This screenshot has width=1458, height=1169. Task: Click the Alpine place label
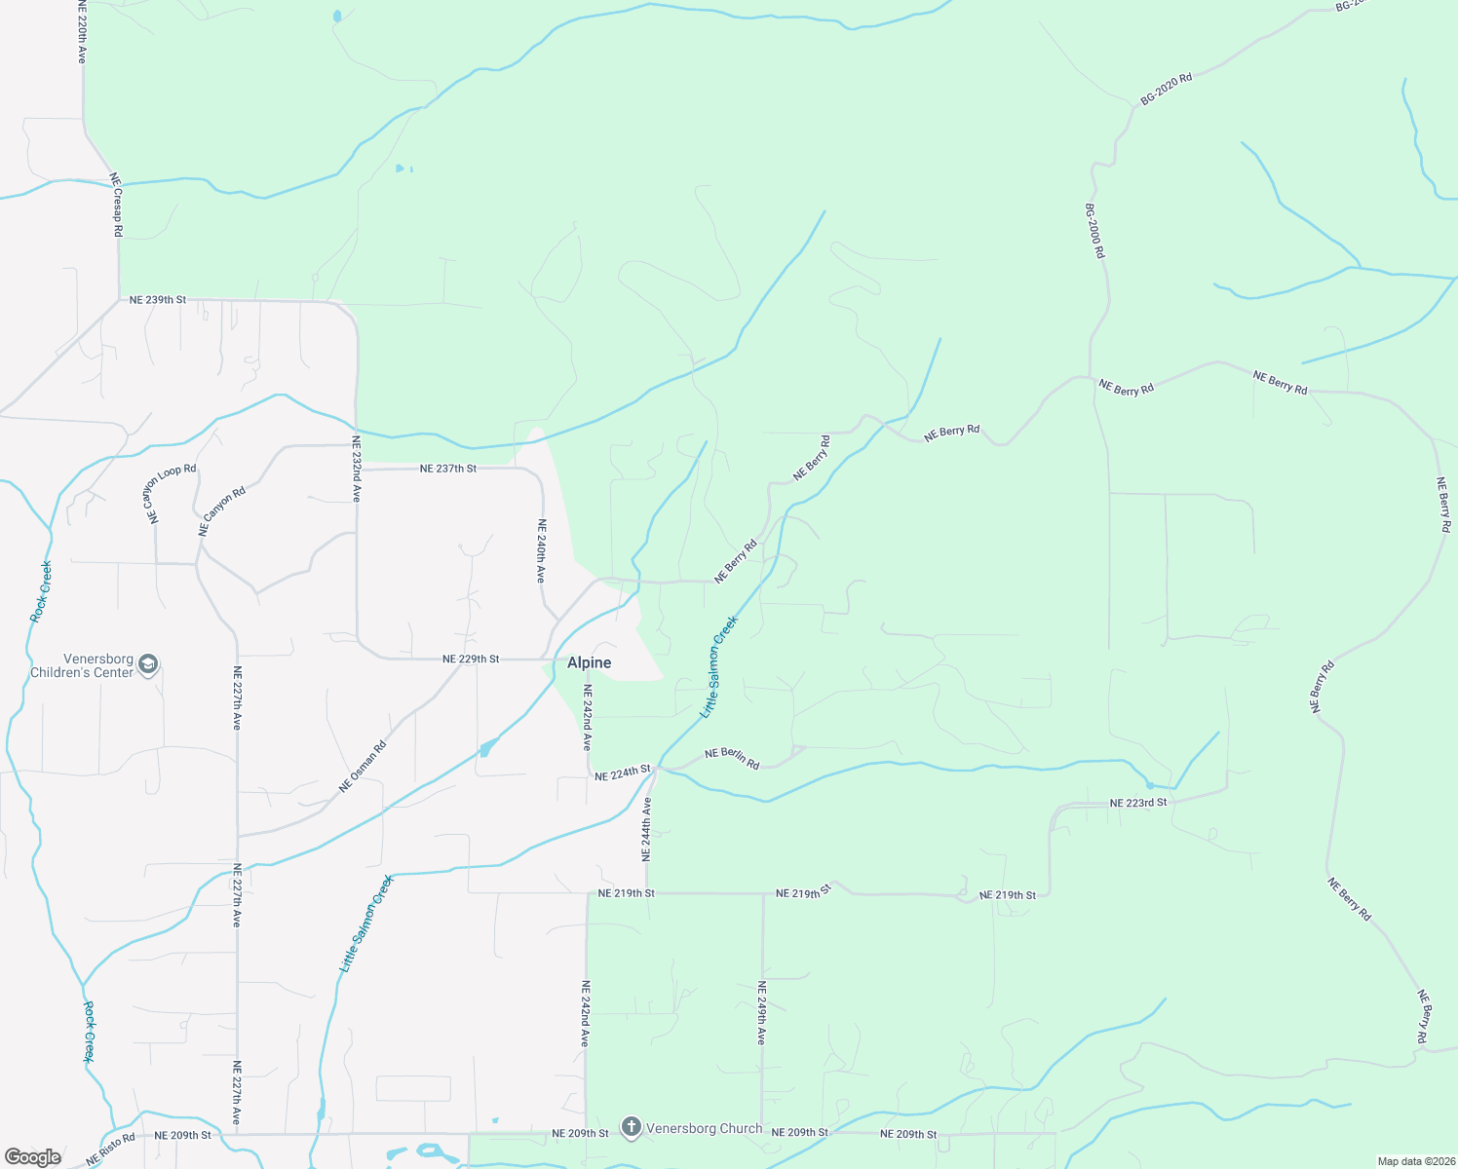pos(590,662)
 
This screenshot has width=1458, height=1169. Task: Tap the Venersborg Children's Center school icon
pos(148,665)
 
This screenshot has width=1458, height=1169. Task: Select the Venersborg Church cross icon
pos(632,1128)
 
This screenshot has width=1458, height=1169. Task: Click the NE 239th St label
pos(158,300)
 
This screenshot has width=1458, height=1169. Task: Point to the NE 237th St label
pos(448,469)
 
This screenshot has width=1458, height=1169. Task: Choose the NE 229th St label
pos(471,660)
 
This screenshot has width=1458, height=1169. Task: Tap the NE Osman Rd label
pos(363,767)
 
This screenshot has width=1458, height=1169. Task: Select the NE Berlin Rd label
pos(732,758)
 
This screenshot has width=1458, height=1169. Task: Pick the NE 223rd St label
pos(1138,804)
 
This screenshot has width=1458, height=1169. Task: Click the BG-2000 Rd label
pos(1095,231)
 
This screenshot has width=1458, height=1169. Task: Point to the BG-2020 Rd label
pos(1167,89)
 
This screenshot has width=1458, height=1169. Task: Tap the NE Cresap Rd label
pos(116,205)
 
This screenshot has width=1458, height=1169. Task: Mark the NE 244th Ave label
pos(646,829)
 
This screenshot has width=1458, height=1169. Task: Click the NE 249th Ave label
pos(762,1013)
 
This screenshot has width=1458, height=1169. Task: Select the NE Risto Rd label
pos(110,1150)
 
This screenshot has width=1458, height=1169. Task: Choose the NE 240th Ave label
pos(542,551)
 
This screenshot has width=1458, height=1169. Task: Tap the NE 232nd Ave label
pos(357,469)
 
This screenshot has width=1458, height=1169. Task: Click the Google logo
pos(33,1157)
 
